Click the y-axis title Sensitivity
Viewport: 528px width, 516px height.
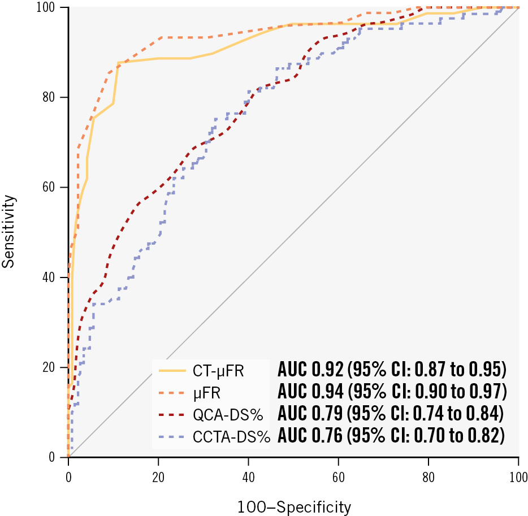tap(7, 232)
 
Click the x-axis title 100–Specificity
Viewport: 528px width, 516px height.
tap(293, 506)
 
